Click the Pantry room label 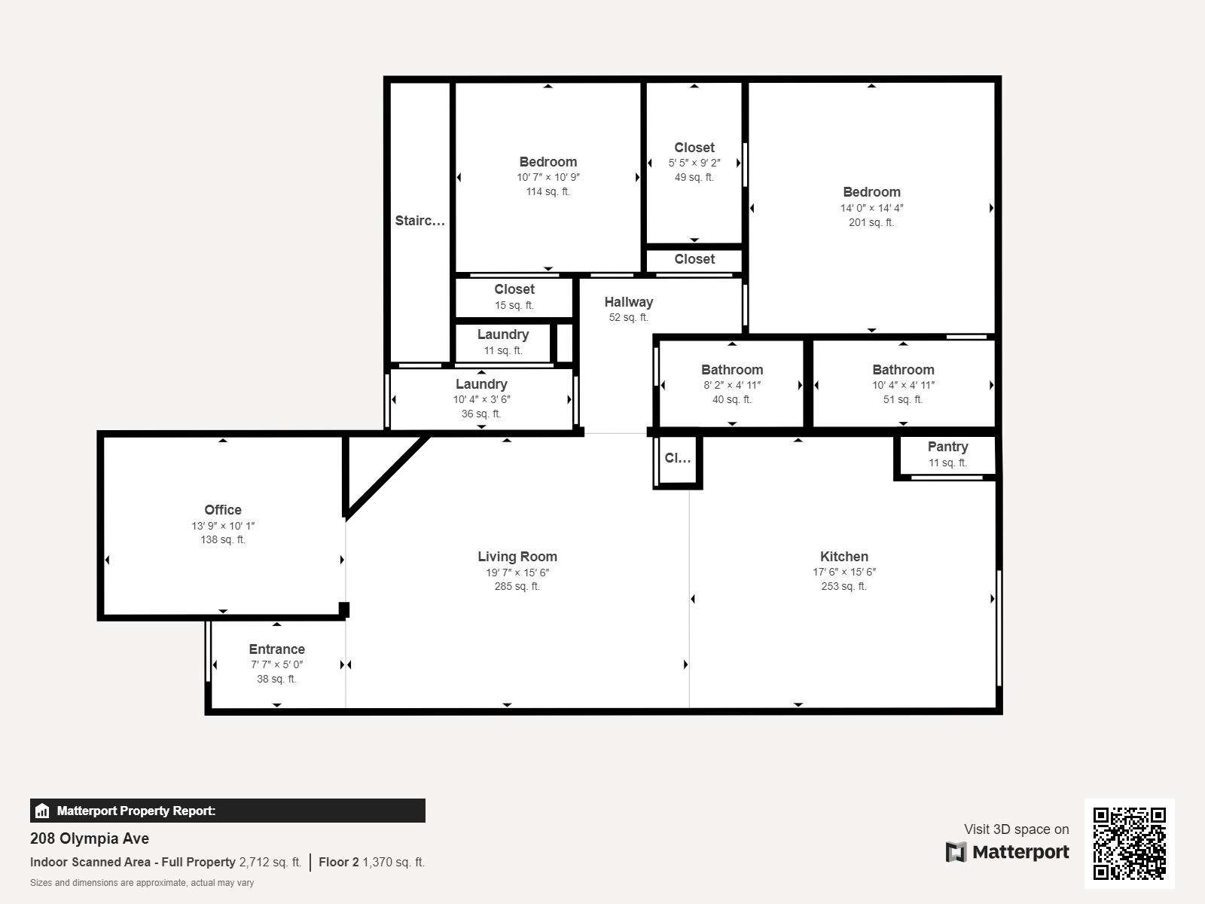[x=947, y=447]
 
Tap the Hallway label [x=629, y=302]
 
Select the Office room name [x=223, y=510]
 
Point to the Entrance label [x=276, y=649]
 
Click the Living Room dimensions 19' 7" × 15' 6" [x=517, y=573]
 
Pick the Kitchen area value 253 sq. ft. [x=843, y=586]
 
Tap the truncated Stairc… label [x=420, y=221]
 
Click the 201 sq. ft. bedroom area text [x=871, y=222]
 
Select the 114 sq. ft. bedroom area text [x=548, y=191]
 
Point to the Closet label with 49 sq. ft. [x=694, y=148]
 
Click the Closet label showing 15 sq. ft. [x=514, y=289]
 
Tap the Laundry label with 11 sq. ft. [x=503, y=334]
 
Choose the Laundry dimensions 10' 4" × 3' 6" [x=481, y=399]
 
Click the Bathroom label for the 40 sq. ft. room [x=732, y=370]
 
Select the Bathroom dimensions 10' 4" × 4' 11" [x=903, y=385]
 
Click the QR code [x=1129, y=844]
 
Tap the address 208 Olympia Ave [x=90, y=838]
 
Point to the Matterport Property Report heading [x=136, y=811]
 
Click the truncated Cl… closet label [x=677, y=458]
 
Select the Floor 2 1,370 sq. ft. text [x=371, y=863]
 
